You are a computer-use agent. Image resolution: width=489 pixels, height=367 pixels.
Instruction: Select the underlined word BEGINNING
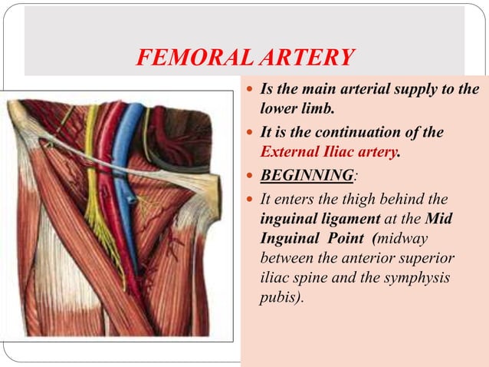pyautogui.click(x=307, y=175)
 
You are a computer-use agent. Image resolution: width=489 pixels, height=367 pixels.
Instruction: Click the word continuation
pyautogui.click(x=365, y=132)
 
